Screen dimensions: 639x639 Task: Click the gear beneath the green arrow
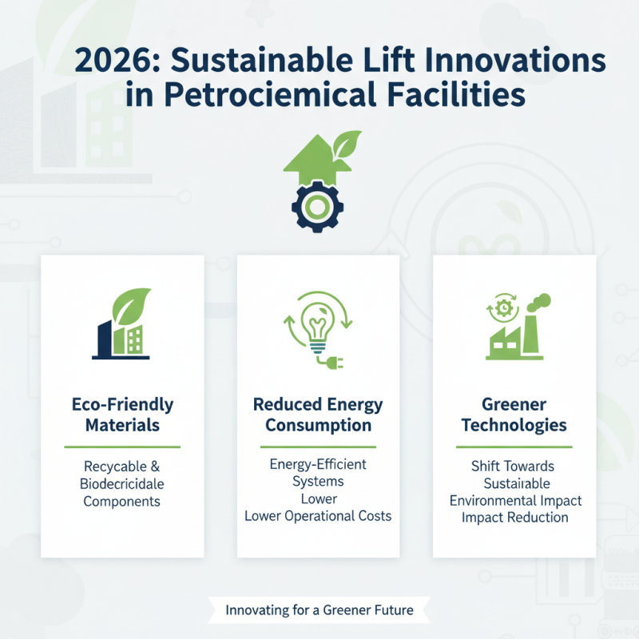point(318,206)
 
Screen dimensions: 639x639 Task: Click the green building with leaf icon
point(121,323)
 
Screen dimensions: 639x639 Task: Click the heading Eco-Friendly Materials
point(122,415)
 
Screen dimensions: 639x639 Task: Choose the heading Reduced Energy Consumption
point(318,415)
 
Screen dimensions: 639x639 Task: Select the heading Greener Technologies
point(514,415)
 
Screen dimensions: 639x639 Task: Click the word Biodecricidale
point(122,483)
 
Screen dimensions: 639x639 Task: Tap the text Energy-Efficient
point(318,464)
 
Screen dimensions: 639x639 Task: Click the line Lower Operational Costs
point(318,516)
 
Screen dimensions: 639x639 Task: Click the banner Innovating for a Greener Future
point(319,610)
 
